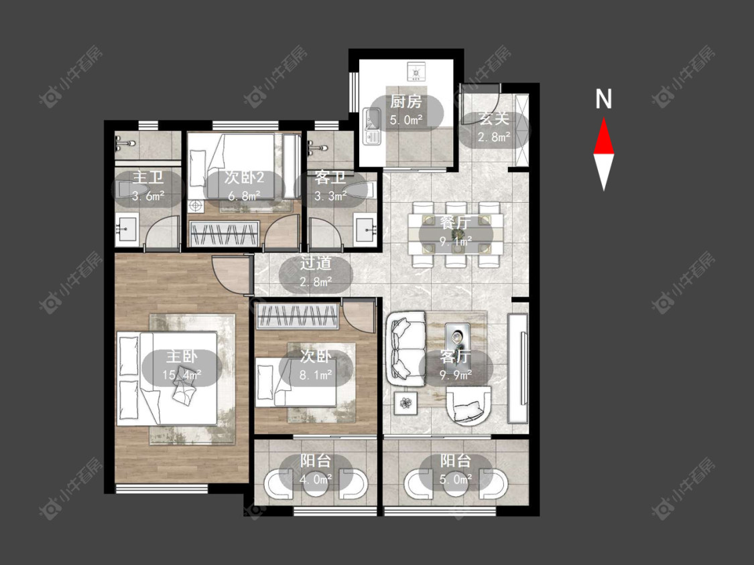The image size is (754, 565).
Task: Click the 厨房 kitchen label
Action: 406,101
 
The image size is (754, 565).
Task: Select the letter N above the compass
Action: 603,99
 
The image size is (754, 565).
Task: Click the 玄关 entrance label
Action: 494,118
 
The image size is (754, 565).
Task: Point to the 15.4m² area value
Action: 181,374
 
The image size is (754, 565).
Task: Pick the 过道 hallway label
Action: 316,263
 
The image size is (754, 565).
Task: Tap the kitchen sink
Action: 372,127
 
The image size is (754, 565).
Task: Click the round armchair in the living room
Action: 468,406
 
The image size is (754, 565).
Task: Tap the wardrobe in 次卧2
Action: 225,234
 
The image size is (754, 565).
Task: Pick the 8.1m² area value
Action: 316,374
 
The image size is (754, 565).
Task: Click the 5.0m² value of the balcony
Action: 455,479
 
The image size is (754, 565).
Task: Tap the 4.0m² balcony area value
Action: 316,479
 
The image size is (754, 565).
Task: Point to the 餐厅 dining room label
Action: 455,222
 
